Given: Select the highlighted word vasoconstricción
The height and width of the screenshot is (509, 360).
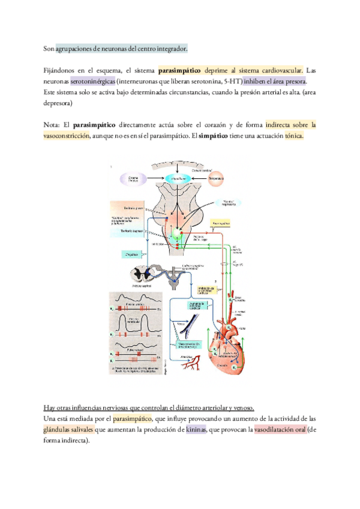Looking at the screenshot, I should click(67, 136).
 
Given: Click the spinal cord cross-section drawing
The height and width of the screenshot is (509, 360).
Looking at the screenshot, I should click(147, 275).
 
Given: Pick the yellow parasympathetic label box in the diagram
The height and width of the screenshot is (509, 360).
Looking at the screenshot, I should click(221, 223).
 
